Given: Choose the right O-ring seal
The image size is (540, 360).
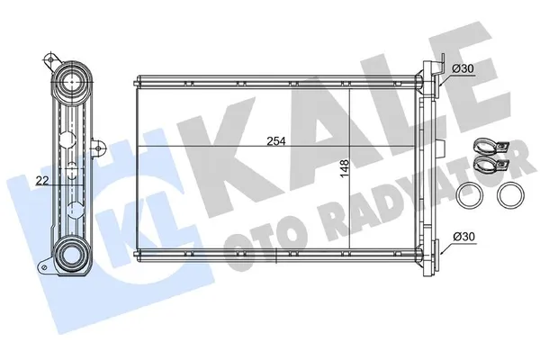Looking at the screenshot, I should (511, 194).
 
